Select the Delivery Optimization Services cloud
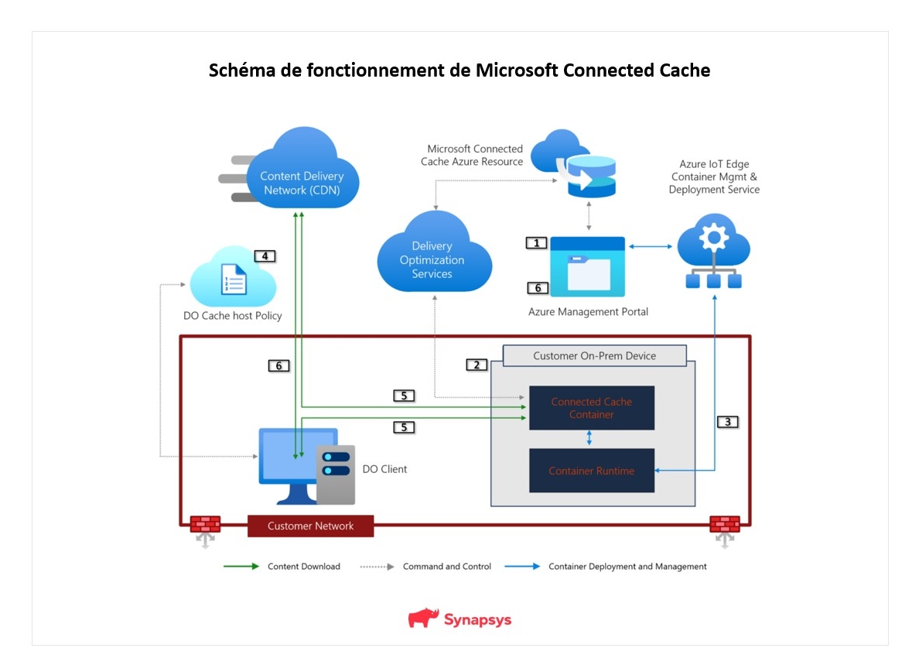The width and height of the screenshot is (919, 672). tap(434, 253)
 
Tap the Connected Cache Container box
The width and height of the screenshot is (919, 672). tap(591, 408)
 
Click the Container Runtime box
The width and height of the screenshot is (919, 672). tap(591, 470)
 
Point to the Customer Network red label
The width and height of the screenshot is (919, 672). tap(311, 526)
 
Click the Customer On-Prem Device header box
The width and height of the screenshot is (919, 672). tap(594, 356)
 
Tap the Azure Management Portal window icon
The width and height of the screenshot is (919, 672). tap(587, 267)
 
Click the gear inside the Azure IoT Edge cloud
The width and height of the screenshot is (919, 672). tap(713, 238)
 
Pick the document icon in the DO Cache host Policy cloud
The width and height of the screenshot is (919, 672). tap(234, 279)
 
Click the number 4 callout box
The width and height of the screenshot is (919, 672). tap(265, 256)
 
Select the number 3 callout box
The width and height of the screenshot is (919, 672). tap(728, 422)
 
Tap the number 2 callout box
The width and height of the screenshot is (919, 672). tap(477, 365)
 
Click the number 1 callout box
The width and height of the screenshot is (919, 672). tap(536, 243)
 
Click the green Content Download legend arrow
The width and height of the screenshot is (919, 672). tap(241, 567)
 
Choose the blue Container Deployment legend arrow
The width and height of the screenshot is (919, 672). tap(522, 567)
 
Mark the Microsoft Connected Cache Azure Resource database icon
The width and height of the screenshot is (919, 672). tap(591, 176)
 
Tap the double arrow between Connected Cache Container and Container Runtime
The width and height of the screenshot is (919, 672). tap(589, 438)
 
